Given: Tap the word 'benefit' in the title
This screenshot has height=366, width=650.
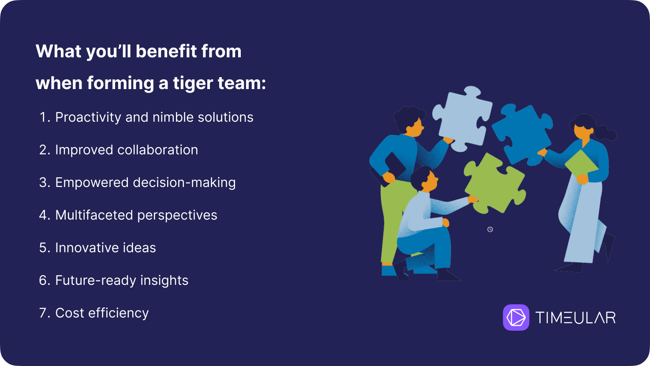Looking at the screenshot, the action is [x=166, y=52].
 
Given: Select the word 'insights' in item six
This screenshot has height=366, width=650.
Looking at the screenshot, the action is [x=164, y=281].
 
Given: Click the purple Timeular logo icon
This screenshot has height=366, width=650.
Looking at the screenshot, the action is [x=516, y=317].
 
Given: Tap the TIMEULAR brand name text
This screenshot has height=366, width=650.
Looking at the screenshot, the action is [x=575, y=317].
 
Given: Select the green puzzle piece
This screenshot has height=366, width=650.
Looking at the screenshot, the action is [x=495, y=183].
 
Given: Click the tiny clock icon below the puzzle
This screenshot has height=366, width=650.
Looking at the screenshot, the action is [x=490, y=230].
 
